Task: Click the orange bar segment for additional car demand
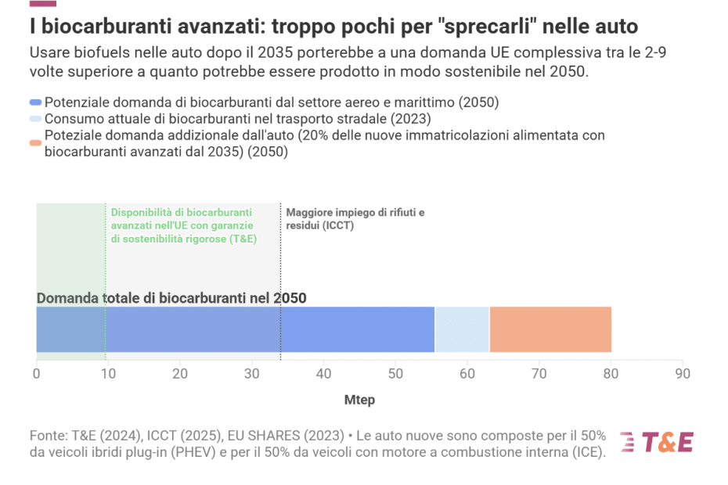pyautogui.click(x=550, y=329)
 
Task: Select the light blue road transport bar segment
pyautogui.click(x=462, y=329)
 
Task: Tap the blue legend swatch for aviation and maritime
pyautogui.click(x=35, y=102)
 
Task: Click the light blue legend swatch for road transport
pyautogui.click(x=35, y=119)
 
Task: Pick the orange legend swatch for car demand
pyautogui.click(x=35, y=142)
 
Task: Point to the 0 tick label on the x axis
pyautogui.click(x=36, y=374)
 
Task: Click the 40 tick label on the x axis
pyautogui.click(x=323, y=374)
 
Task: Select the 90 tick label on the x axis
pyautogui.click(x=683, y=374)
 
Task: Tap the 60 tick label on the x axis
pyautogui.click(x=467, y=374)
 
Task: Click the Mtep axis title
pyautogui.click(x=359, y=400)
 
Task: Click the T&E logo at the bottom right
pyautogui.click(x=656, y=442)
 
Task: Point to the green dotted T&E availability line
pyautogui.click(x=106, y=266)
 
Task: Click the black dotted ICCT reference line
pyautogui.click(x=280, y=266)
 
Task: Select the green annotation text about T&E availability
pyautogui.click(x=183, y=225)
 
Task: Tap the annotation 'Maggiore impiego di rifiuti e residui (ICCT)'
pyautogui.click(x=355, y=218)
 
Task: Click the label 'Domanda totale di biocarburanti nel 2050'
pyautogui.click(x=171, y=298)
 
